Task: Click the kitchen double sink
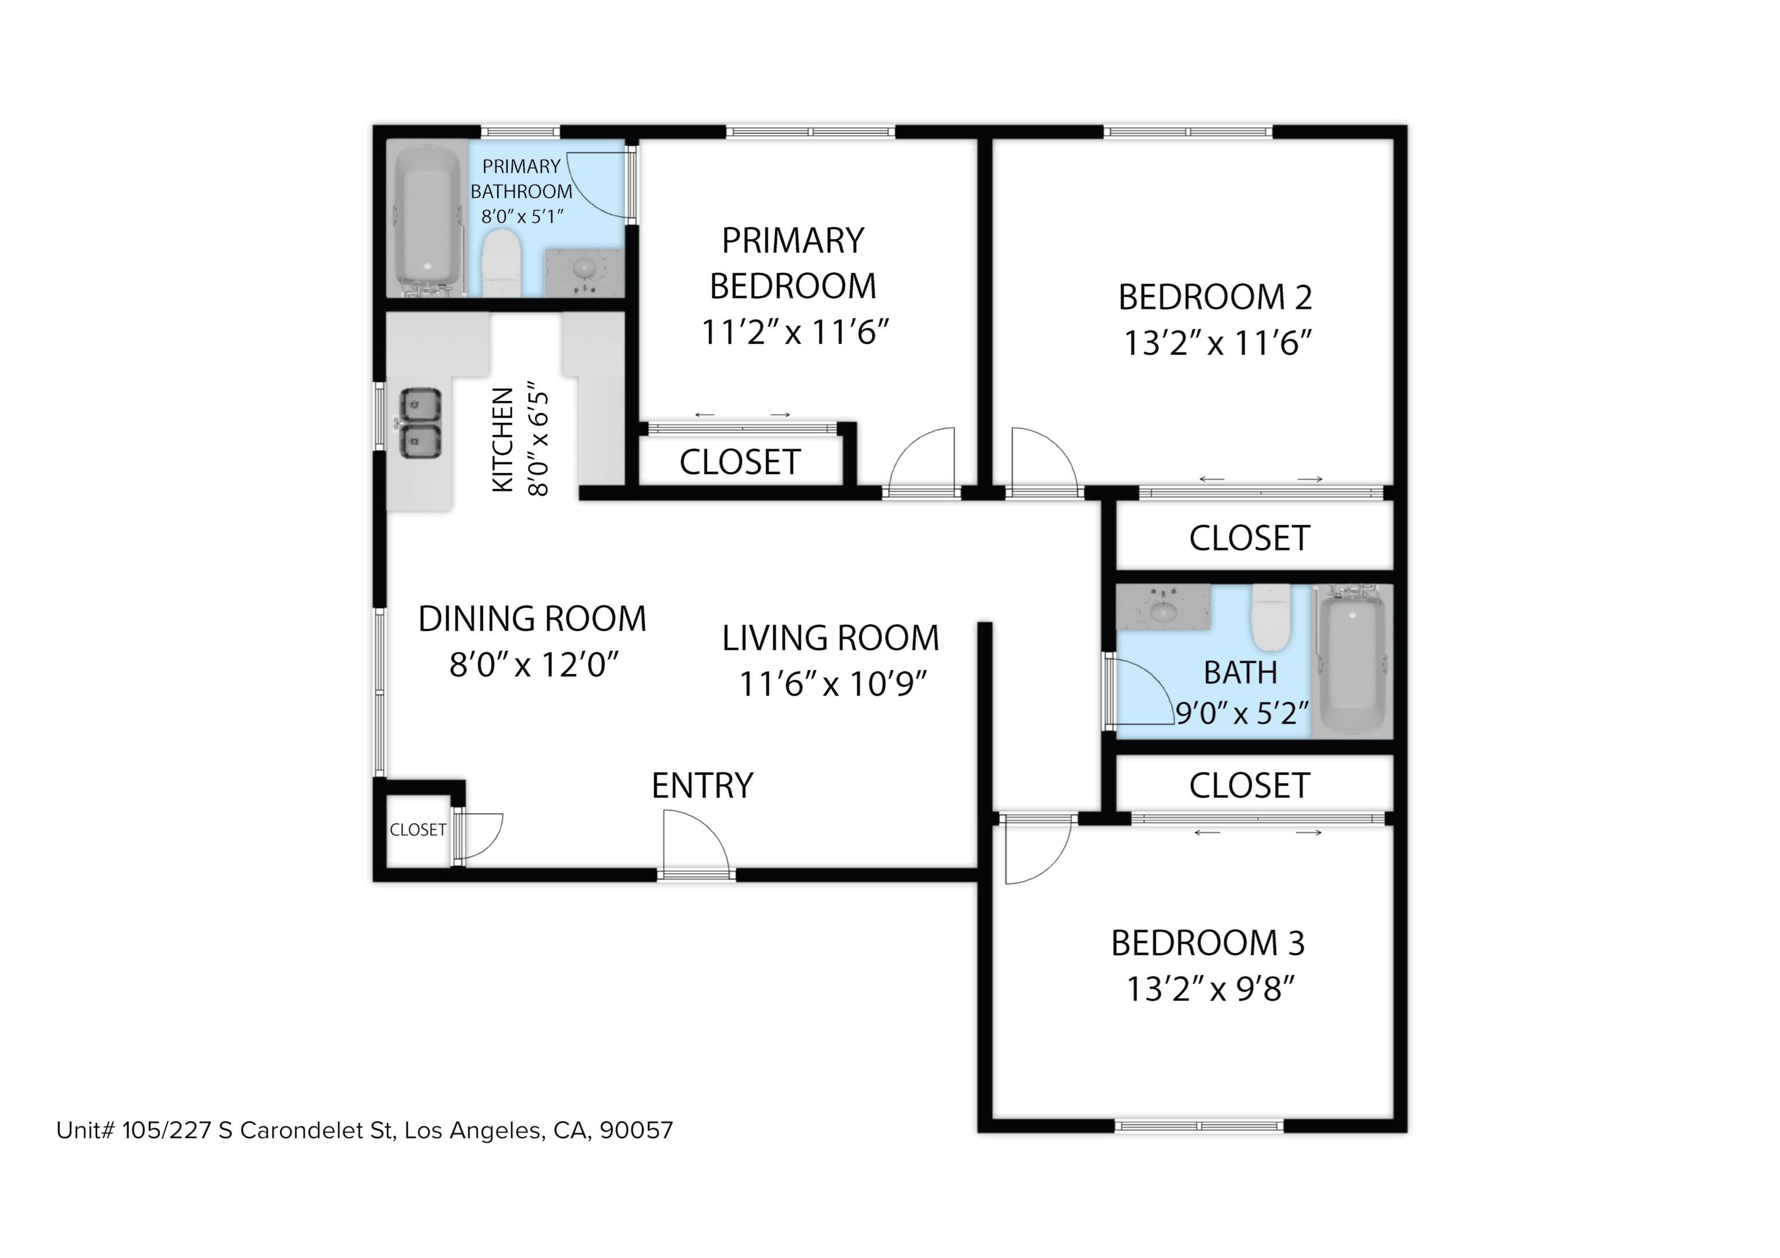point(419,423)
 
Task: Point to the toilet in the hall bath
point(1271,617)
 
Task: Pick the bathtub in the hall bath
point(1353,661)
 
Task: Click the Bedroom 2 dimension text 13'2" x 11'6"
point(1217,343)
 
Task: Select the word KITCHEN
point(503,440)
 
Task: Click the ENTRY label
point(702,786)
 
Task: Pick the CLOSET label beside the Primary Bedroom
point(740,463)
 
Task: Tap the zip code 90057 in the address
point(636,1131)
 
